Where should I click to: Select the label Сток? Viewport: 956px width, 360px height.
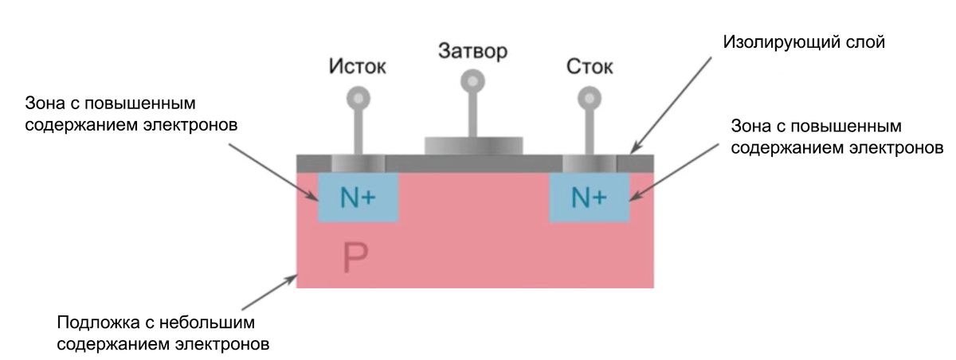coord(590,67)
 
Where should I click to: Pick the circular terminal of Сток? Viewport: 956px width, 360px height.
coord(590,98)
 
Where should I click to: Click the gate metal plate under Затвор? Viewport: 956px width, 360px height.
coord(474,145)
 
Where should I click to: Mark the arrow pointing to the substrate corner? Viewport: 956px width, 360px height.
coord(268,295)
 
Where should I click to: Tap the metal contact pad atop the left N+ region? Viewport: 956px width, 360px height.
coord(356,162)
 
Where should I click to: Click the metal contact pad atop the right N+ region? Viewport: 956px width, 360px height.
coord(589,162)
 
